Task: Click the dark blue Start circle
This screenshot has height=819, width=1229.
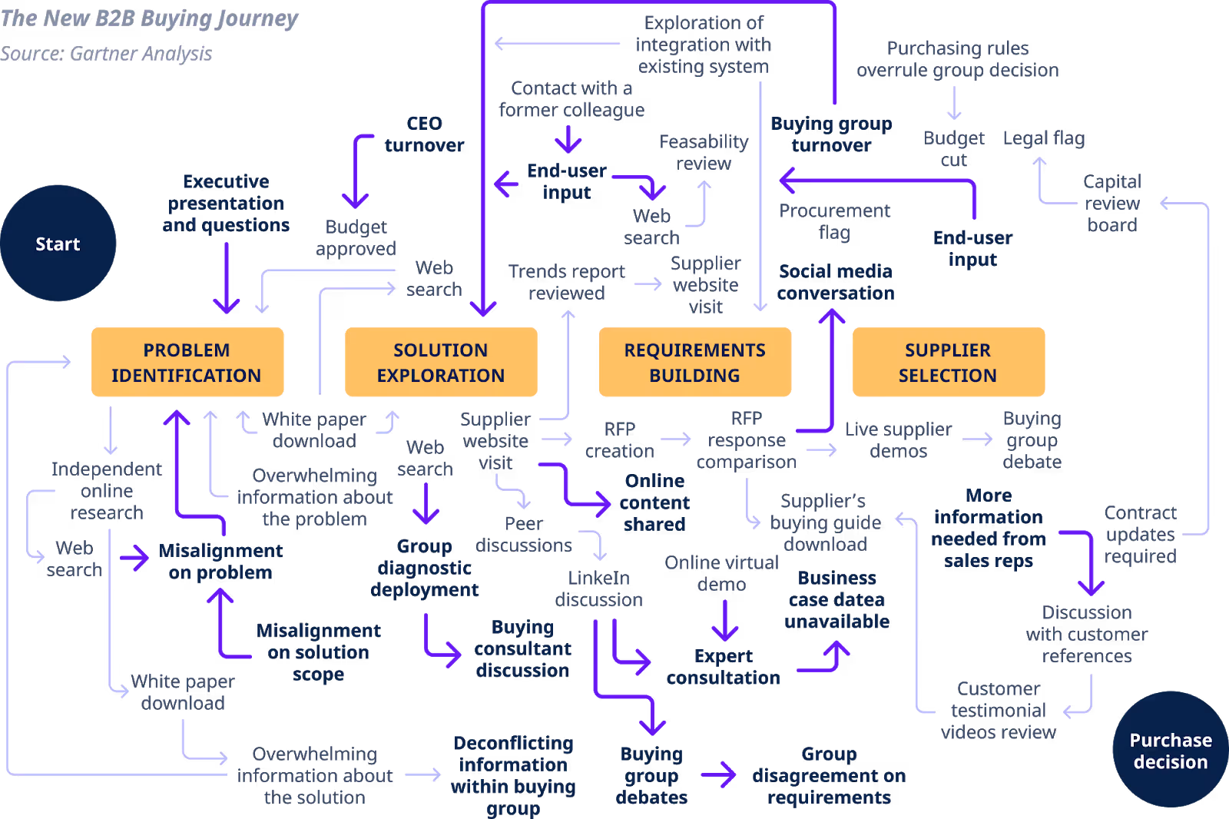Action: pos(58,244)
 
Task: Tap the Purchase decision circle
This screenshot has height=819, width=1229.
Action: pos(1170,751)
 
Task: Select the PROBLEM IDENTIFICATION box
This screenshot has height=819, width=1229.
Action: pos(187,362)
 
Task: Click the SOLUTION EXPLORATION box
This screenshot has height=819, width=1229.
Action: pos(440,362)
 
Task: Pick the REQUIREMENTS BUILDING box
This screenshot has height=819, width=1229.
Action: pos(694,362)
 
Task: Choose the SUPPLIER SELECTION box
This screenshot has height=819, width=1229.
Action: pos(948,362)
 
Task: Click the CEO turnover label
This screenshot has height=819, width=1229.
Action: pos(424,134)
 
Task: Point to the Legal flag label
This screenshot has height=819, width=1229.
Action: pos(1043,138)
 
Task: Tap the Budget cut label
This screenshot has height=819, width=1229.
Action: pos(953,149)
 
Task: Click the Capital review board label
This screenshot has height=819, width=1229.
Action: pos(1111,203)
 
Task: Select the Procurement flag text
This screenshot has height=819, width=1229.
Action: pos(834,221)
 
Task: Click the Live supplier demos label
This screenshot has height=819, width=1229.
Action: pos(898,440)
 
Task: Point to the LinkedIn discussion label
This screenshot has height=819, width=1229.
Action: pos(598,589)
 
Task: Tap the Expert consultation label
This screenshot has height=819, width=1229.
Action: pos(723,667)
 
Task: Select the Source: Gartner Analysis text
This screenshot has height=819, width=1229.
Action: pos(106,54)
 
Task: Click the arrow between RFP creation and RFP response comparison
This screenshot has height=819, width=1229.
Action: pos(675,439)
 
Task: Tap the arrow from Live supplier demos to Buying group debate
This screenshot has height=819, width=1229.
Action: pos(976,439)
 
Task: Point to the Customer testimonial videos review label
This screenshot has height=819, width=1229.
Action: pos(999,710)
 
